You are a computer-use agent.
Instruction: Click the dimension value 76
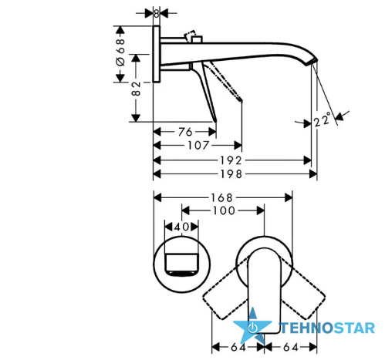[x=185, y=132]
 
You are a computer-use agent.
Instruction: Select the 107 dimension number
[x=198, y=146]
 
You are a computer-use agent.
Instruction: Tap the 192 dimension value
[x=231, y=160]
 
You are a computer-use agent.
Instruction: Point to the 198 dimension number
[x=231, y=174]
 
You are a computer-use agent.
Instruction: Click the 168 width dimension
[x=221, y=198]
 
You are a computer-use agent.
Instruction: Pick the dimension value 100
[x=224, y=210]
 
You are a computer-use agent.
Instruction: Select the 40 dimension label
[x=181, y=227]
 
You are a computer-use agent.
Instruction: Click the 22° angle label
[x=322, y=119]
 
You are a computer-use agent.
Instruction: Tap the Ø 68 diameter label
[x=120, y=52]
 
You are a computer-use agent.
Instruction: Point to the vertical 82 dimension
[x=136, y=89]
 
